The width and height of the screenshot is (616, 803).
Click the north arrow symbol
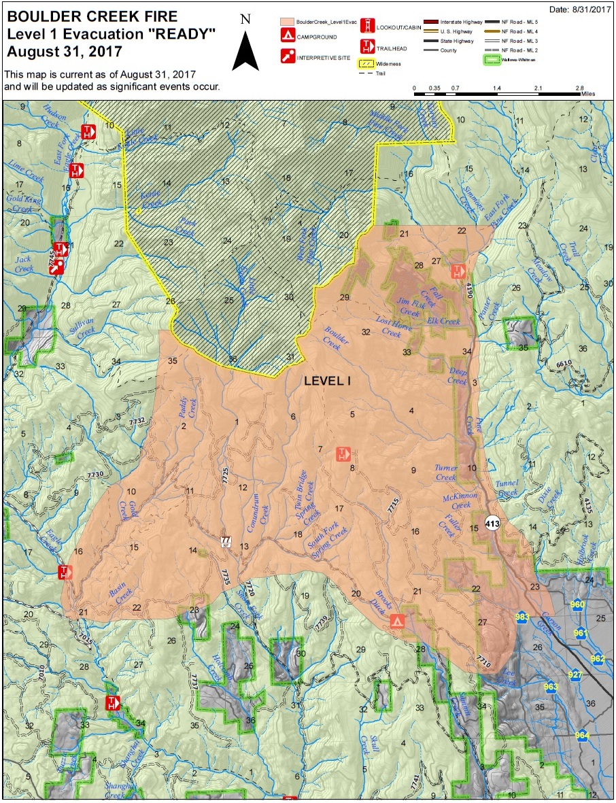[x=245, y=48]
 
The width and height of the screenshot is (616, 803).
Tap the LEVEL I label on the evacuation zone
[x=327, y=381]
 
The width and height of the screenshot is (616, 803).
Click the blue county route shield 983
[x=522, y=617]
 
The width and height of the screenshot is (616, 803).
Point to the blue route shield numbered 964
[x=582, y=735]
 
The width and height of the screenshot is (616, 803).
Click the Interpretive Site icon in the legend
[x=287, y=57]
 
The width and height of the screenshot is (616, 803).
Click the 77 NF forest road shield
[x=225, y=542]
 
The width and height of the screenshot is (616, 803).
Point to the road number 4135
[x=587, y=508]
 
